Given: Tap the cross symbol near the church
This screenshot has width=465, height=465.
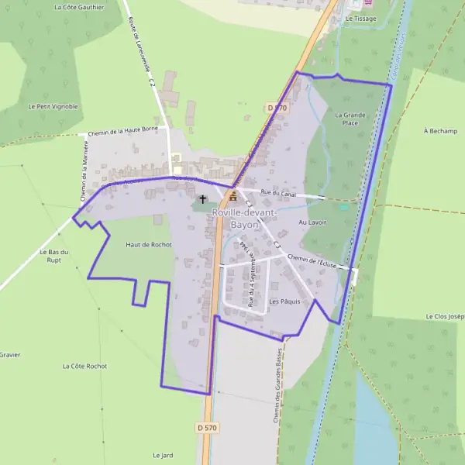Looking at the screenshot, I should [x=203, y=199].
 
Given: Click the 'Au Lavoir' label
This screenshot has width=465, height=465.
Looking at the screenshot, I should [x=312, y=222].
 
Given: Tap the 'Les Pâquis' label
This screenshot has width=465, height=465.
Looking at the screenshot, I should [x=284, y=301].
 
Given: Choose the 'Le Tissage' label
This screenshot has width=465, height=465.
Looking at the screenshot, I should [x=360, y=17].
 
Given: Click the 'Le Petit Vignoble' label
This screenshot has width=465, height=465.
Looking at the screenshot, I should [x=53, y=106].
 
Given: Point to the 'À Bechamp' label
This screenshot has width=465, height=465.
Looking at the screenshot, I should [x=441, y=131].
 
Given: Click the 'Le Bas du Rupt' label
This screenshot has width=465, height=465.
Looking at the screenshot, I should [x=55, y=256].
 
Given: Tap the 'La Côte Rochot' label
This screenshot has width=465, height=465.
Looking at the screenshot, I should [x=84, y=366].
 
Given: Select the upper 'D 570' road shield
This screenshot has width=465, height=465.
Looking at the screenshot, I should [x=277, y=108].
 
